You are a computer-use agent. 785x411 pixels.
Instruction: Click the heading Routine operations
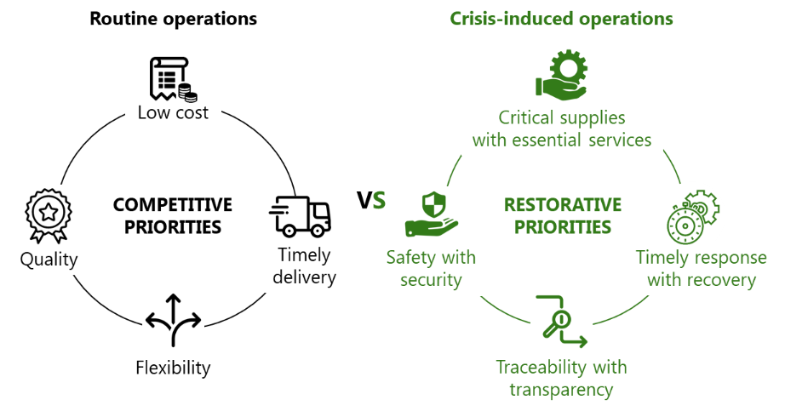pyautogui.click(x=173, y=18)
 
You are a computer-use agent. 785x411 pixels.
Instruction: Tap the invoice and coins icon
pyautogui.click(x=172, y=80)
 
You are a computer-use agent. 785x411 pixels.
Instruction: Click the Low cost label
pyautogui.click(x=174, y=112)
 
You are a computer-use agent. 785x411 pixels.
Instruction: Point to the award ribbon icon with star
pyautogui.click(x=48, y=216)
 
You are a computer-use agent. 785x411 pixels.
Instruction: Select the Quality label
pyautogui.click(x=49, y=260)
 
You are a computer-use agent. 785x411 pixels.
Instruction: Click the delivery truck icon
pyautogui.click(x=300, y=215)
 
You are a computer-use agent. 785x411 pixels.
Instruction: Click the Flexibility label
pyautogui.click(x=173, y=368)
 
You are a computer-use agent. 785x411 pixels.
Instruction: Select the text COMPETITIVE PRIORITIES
pyautogui.click(x=173, y=215)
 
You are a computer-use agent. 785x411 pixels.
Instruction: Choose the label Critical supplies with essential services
pyautogui.click(x=562, y=128)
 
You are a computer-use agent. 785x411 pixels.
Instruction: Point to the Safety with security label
pyautogui.click(x=431, y=268)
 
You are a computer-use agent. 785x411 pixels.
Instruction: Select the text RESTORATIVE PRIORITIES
pyautogui.click(x=563, y=216)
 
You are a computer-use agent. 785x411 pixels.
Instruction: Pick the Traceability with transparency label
pyautogui.click(x=562, y=378)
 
